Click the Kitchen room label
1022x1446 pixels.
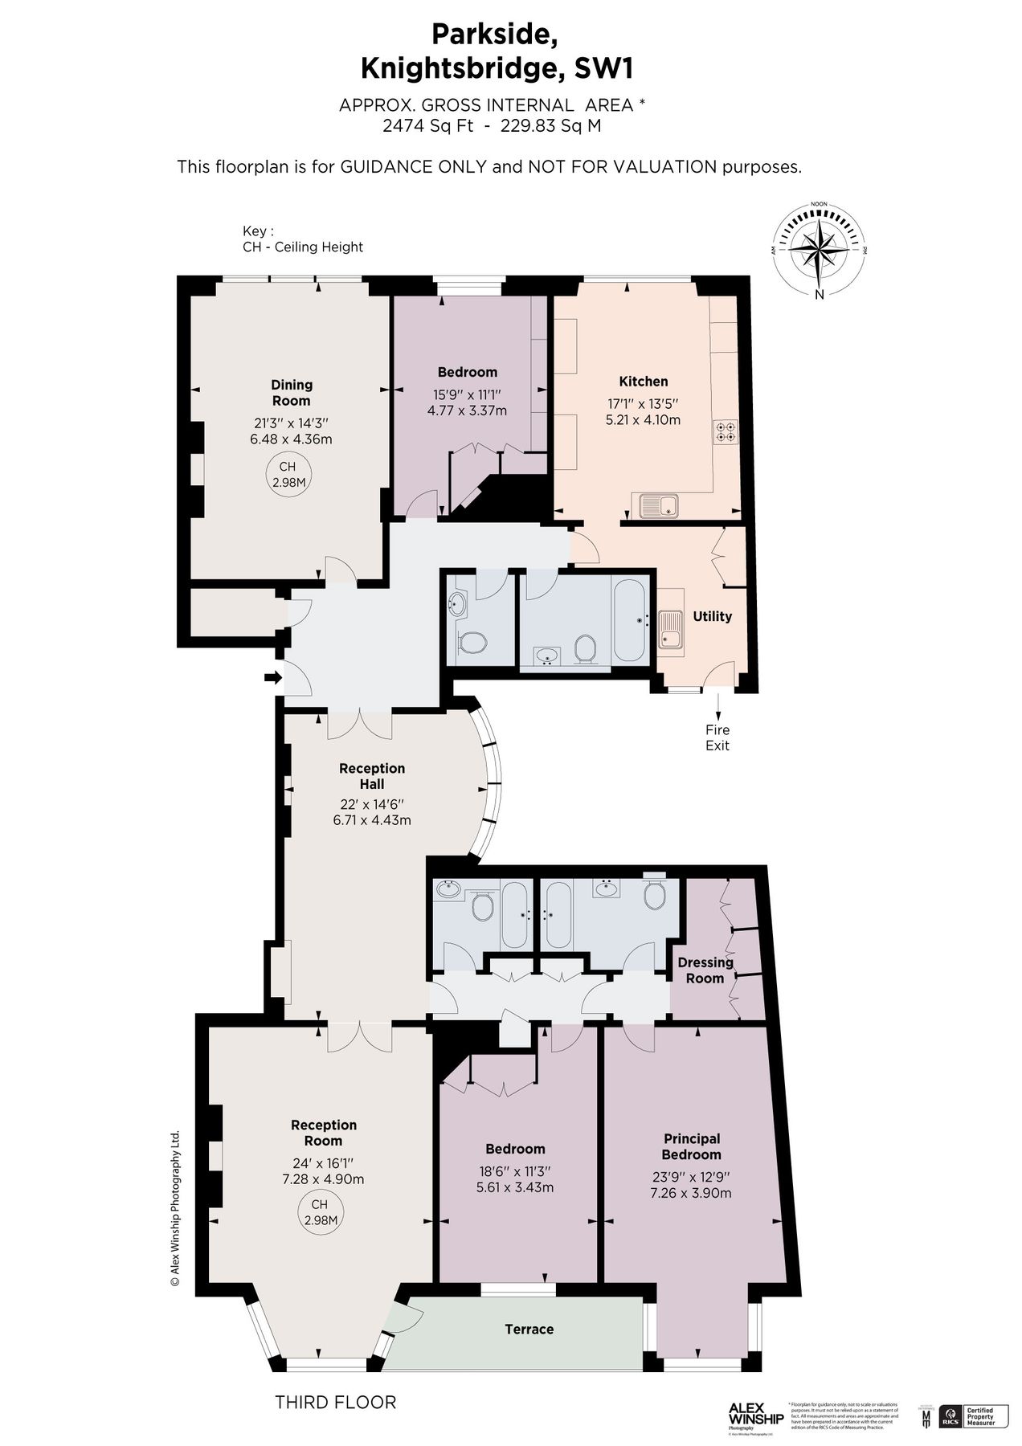pos(643,382)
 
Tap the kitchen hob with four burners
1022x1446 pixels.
pos(726,431)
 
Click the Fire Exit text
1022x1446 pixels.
pos(717,737)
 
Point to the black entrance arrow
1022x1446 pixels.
pos(273,678)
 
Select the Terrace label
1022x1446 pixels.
pos(529,1330)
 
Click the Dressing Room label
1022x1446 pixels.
pos(705,970)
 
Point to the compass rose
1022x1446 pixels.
pos(819,248)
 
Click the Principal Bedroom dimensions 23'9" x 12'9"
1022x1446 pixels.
pos(691,1177)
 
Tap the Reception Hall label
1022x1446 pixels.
pos(371,776)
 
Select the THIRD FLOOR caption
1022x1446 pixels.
pos(336,1403)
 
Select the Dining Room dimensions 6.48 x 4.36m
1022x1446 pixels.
pos(291,439)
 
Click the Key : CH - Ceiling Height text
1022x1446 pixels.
pos(302,239)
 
